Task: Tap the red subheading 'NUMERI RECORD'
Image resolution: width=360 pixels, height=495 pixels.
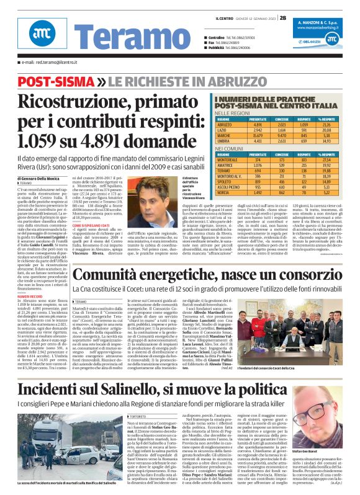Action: tap(32, 297)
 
